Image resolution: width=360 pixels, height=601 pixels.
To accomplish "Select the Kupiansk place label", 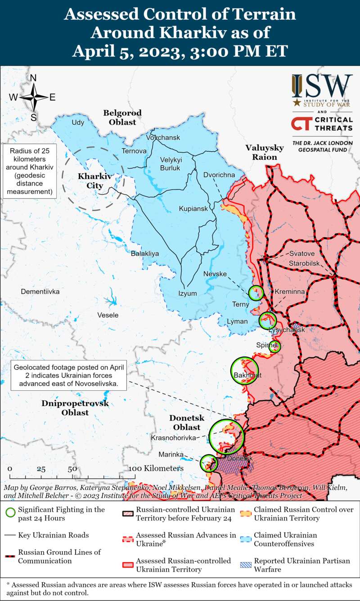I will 193,209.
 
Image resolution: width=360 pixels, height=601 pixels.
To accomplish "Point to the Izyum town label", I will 188,294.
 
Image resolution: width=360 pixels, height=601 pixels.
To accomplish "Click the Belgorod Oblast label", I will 122,117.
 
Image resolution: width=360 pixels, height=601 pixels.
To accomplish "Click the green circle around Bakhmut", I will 244,371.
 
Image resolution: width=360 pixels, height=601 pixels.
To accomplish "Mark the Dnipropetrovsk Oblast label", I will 75,408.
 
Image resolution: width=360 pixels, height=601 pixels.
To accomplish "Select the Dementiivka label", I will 40,292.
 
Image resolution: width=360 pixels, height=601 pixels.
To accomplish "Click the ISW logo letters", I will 322,85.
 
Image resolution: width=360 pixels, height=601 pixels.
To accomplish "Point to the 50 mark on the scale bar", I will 72,469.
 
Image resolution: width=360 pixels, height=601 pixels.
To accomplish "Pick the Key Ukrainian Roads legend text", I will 54,535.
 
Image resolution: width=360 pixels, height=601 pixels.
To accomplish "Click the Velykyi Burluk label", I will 170,164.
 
